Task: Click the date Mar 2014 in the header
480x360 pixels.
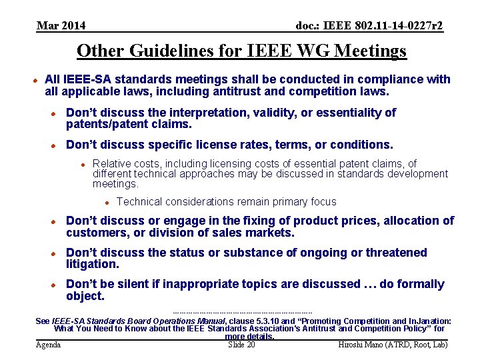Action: (61, 26)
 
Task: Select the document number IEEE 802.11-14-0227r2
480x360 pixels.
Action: (369, 26)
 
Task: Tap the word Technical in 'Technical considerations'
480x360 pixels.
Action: (139, 202)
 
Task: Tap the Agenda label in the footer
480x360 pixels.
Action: (48, 345)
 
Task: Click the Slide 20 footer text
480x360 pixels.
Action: (241, 345)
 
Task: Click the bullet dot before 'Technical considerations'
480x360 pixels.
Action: (106, 202)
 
